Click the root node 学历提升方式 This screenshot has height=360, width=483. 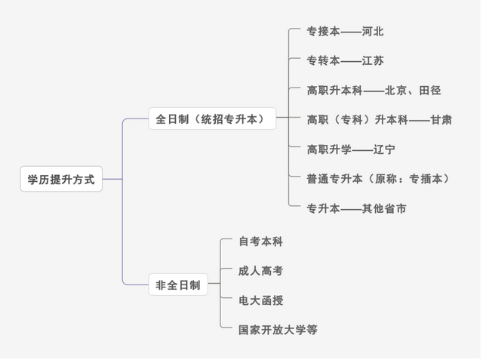[x=61, y=179]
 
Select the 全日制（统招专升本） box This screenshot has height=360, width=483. [x=211, y=118]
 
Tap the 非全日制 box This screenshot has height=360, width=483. [x=177, y=285]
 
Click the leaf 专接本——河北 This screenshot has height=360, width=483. [x=345, y=32]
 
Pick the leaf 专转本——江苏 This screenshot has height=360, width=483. [x=345, y=60]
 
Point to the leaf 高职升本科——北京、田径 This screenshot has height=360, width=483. [x=374, y=90]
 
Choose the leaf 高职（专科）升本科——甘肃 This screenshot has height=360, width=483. [x=379, y=119]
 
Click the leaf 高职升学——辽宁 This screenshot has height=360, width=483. [x=351, y=149]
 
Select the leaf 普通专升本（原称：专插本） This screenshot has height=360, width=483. [x=378, y=178]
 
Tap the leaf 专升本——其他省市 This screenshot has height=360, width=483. [x=356, y=208]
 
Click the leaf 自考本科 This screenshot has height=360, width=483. [x=260, y=242]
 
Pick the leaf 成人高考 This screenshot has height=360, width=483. [x=260, y=270]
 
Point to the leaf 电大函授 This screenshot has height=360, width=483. [x=260, y=300]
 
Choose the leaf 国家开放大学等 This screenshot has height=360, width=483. [x=278, y=330]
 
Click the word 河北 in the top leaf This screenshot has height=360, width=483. [x=373, y=32]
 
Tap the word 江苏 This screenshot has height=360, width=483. [x=373, y=60]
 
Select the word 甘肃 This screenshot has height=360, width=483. [x=441, y=119]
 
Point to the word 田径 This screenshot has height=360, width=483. [x=429, y=90]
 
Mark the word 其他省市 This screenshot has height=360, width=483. [x=384, y=208]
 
